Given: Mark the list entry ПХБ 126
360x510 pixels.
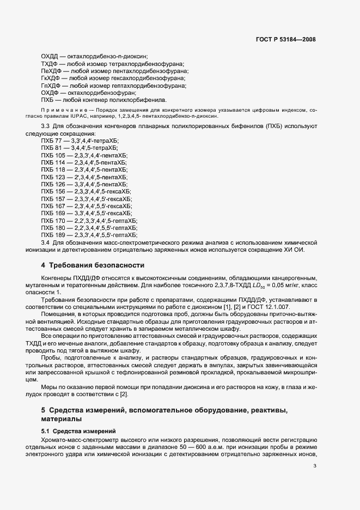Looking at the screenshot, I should click(x=53, y=184).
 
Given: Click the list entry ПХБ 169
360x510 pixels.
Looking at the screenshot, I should click(x=53, y=214).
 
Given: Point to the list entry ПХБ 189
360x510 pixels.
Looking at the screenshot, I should click(x=53, y=235).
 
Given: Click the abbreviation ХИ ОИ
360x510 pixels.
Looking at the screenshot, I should click(x=296, y=250).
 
